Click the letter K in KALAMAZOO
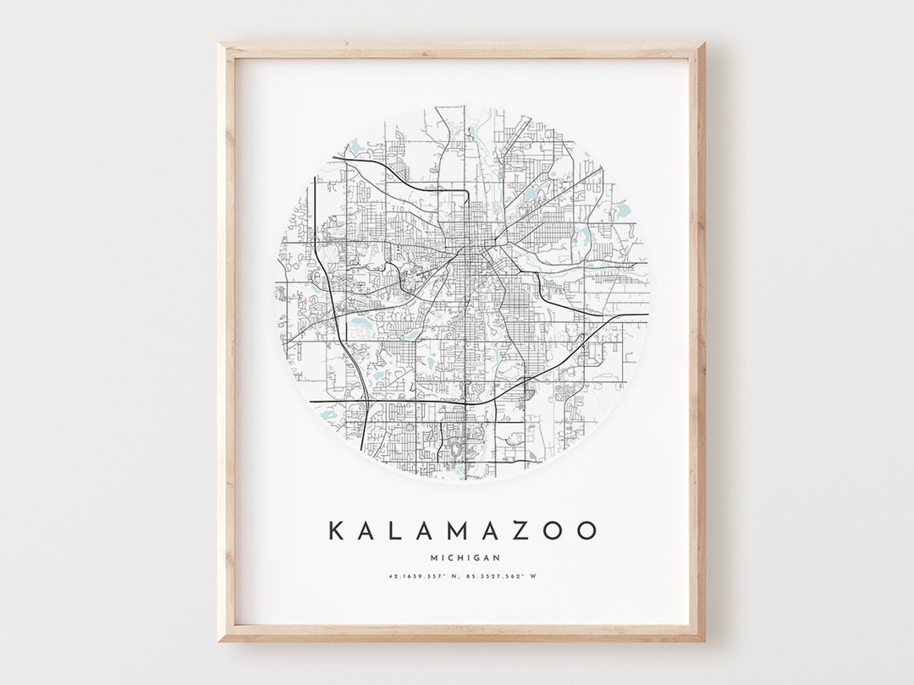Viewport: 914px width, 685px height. [x=336, y=531]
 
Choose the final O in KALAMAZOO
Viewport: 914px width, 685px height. [x=587, y=531]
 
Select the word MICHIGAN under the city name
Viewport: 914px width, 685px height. [x=465, y=557]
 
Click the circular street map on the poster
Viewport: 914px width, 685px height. [x=463, y=292]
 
